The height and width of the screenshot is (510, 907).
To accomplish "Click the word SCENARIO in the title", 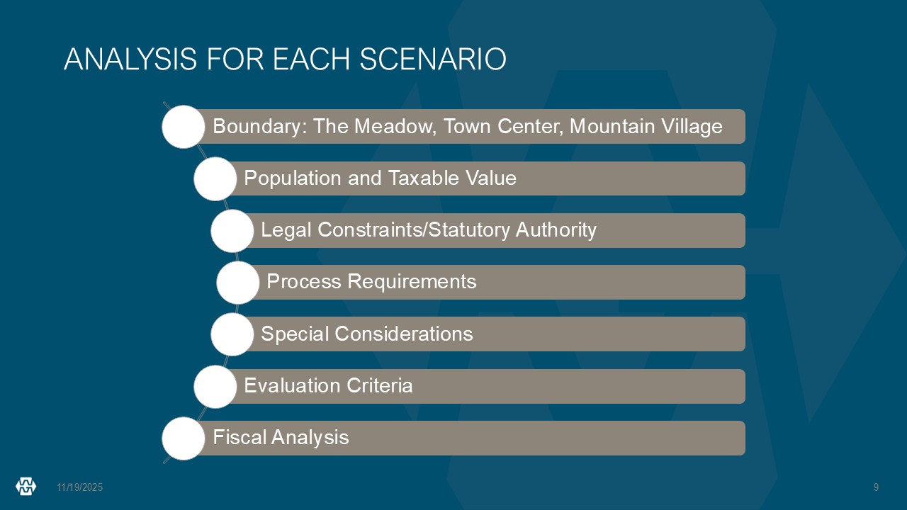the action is click(x=433, y=59).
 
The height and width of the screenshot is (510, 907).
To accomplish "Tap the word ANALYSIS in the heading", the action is click(x=130, y=59).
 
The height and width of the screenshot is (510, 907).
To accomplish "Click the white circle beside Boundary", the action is click(x=184, y=127).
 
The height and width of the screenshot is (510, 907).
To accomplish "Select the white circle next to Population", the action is click(x=215, y=178).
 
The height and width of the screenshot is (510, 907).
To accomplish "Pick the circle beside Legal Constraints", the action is click(x=232, y=231).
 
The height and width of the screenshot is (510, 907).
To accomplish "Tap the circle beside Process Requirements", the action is click(x=237, y=283).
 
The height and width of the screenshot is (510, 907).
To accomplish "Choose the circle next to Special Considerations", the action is click(x=232, y=334).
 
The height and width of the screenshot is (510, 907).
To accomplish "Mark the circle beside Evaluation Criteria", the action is click(x=215, y=387).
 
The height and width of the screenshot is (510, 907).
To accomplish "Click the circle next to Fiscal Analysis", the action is click(x=184, y=438).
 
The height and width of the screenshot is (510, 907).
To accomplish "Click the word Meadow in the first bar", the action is click(x=395, y=126).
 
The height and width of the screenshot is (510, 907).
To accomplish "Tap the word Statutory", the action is click(x=469, y=230).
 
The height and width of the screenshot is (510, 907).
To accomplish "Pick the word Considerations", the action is click(x=404, y=334).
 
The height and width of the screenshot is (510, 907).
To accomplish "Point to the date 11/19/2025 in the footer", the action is click(x=80, y=487).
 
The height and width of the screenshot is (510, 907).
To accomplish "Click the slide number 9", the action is click(x=877, y=487).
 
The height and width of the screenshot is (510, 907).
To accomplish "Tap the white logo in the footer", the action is click(x=26, y=487).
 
